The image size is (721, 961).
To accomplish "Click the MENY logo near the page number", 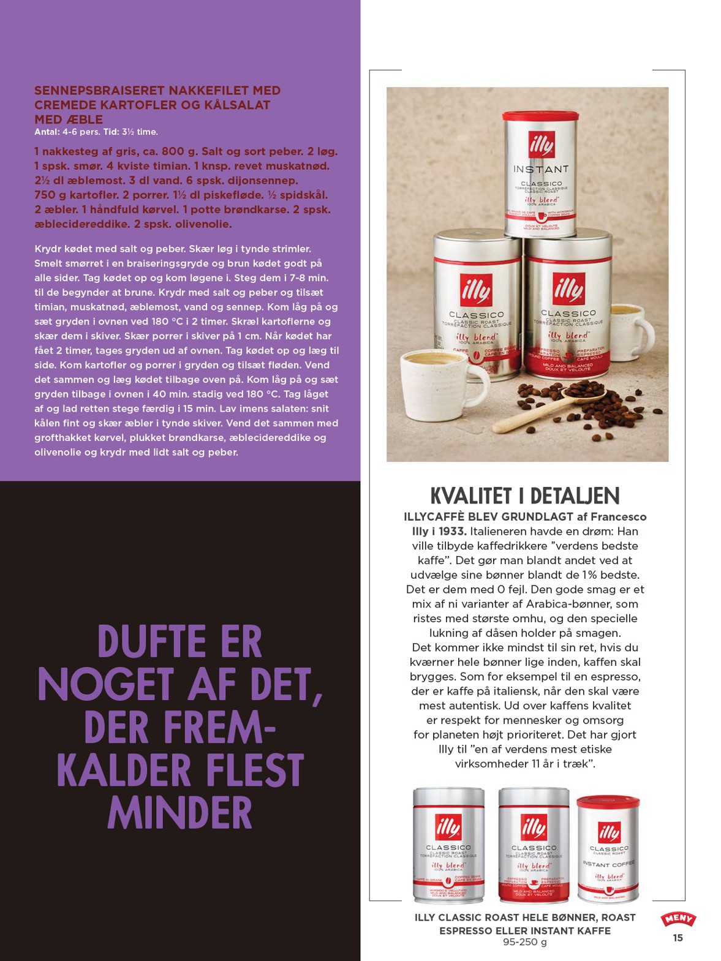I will coord(678,918).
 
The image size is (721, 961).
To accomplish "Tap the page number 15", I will coord(678,938).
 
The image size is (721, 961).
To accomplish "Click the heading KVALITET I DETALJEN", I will coord(525,496).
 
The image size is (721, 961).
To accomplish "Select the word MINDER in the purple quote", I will coord(179,813).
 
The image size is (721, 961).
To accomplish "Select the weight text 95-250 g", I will coord(525,942).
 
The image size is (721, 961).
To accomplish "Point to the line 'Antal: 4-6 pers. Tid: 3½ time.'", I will coord(96,132).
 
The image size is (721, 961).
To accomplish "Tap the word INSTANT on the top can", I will coord(541,169).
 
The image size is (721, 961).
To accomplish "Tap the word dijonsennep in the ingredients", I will coord(265,181).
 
